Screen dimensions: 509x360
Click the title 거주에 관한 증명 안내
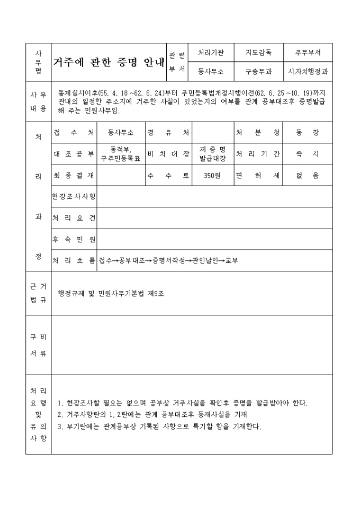click(109, 62)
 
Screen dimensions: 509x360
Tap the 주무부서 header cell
click(308, 53)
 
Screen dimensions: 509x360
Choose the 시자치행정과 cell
click(308, 70)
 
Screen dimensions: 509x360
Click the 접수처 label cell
click(74, 132)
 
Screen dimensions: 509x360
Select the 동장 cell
click(308, 132)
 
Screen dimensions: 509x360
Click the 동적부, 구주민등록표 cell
click(121, 154)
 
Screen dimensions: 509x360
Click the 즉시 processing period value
click(308, 154)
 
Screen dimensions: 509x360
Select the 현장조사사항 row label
click(74, 197)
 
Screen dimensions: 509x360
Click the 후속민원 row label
click(74, 239)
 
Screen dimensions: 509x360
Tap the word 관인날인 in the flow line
click(204, 261)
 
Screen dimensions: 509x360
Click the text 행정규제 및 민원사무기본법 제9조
click(111, 293)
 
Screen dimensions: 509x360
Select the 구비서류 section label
click(38, 345)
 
